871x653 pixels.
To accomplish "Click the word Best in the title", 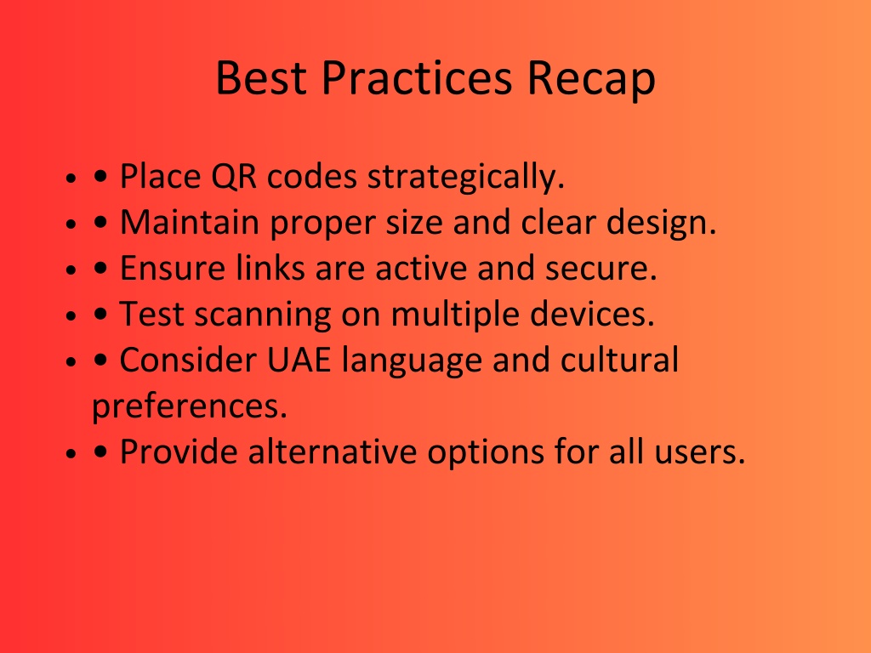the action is point(261,77).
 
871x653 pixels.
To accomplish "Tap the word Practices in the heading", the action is point(417,77).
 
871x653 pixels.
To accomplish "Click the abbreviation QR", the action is point(234,177).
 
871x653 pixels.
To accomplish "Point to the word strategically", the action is point(466,177).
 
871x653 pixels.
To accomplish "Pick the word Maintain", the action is point(190,222).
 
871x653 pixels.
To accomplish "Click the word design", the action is point(661,224).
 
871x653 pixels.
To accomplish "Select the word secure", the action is point(601,270).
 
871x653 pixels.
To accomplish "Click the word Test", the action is point(151,315).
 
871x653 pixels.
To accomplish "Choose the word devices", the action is point(592,314).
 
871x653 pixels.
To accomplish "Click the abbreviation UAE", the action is point(299,360).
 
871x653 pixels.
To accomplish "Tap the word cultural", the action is point(619,360).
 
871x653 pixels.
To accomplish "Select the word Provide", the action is point(179,451).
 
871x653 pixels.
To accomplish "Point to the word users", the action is point(699,452).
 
